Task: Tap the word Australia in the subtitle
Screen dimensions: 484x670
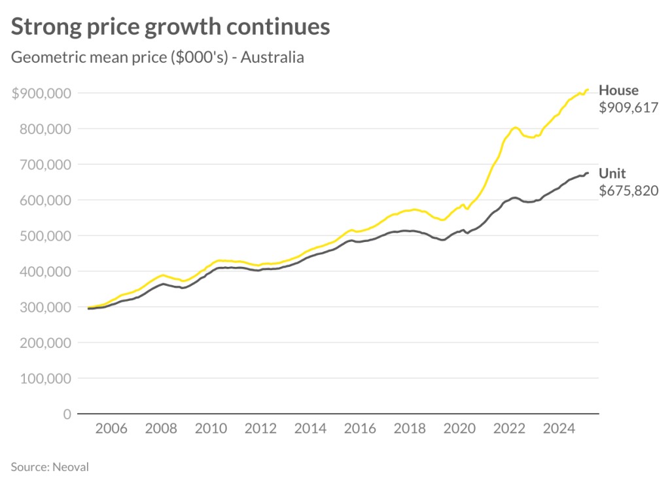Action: pyautogui.click(x=272, y=57)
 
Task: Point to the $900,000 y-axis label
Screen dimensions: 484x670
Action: pyautogui.click(x=42, y=93)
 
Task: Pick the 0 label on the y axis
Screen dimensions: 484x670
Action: pyautogui.click(x=67, y=414)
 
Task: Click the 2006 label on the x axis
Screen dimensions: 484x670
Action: pyautogui.click(x=111, y=429)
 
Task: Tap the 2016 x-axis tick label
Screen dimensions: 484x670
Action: pyautogui.click(x=360, y=429)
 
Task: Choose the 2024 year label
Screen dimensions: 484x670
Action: pyautogui.click(x=559, y=429)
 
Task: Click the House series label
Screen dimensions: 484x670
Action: pyautogui.click(x=618, y=90)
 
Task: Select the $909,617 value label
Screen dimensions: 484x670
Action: pyautogui.click(x=628, y=108)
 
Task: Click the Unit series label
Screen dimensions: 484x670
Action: pyautogui.click(x=612, y=173)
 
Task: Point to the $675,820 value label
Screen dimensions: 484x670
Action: pyautogui.click(x=628, y=191)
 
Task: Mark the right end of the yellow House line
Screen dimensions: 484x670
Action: pyautogui.click(x=588, y=90)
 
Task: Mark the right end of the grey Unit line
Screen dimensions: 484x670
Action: pyautogui.click(x=588, y=173)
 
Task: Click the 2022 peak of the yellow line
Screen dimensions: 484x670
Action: pyautogui.click(x=516, y=128)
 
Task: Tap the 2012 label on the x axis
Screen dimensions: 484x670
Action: pyautogui.click(x=260, y=429)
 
